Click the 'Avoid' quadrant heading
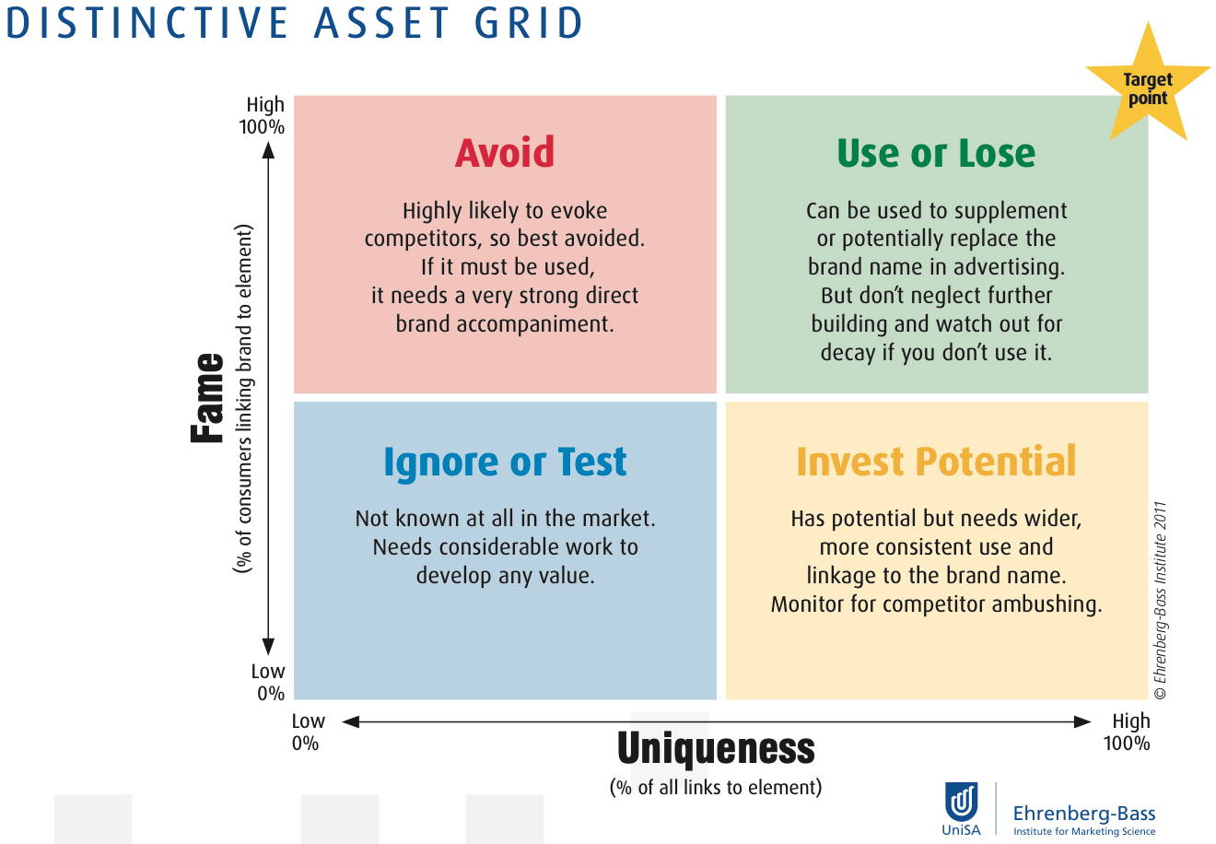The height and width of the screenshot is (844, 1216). point(504,153)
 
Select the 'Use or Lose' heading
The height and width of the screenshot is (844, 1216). point(936,153)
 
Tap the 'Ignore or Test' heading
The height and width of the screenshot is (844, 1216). point(505,463)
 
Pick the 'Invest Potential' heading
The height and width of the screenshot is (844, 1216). point(936,461)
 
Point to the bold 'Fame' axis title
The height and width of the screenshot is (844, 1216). point(207,397)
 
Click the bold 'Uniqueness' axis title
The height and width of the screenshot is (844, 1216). point(716,748)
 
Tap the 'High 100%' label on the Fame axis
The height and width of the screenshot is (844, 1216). point(262,115)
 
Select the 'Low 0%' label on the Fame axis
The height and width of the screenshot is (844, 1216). point(268,682)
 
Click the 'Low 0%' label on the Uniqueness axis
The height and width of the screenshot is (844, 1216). point(308,732)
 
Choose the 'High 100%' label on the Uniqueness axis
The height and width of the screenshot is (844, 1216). point(1127,732)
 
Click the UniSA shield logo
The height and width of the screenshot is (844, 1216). point(961,803)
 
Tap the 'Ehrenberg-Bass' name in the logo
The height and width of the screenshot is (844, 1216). point(1084,813)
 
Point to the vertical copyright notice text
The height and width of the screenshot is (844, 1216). point(1160,600)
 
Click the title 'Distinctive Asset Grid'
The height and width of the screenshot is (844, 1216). point(294,23)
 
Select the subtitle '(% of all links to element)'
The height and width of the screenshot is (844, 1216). point(716,787)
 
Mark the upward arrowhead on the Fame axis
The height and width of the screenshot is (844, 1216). point(268,150)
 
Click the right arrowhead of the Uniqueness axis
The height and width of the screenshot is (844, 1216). point(1082,721)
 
